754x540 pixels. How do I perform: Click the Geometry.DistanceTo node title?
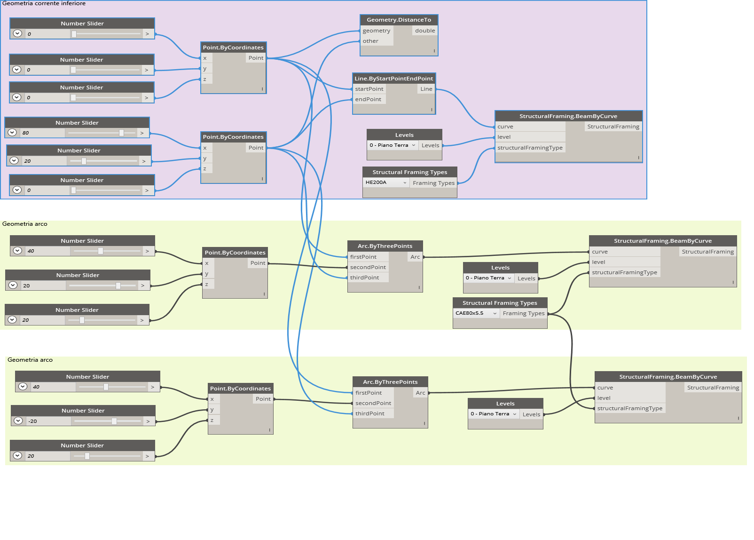pyautogui.click(x=399, y=20)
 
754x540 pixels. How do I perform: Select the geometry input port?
pyautogui.click(x=377, y=31)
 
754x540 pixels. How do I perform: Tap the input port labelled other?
pyautogui.click(x=370, y=41)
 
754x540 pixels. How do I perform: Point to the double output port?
pyautogui.click(x=425, y=31)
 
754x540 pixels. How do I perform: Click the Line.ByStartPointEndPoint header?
pyautogui.click(x=393, y=79)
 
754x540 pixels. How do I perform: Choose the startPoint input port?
pyautogui.click(x=369, y=89)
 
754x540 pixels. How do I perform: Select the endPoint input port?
pyautogui.click(x=368, y=99)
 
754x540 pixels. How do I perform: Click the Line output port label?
pyautogui.click(x=426, y=89)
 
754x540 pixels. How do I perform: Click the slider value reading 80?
pyautogui.click(x=26, y=133)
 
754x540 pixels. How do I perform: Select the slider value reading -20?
pyautogui.click(x=33, y=421)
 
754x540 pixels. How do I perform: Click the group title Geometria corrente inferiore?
pyautogui.click(x=44, y=3)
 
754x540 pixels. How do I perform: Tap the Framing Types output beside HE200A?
pyautogui.click(x=433, y=183)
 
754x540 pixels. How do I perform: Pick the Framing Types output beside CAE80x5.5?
pyautogui.click(x=523, y=313)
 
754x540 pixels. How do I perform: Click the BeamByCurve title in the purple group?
pyautogui.click(x=568, y=116)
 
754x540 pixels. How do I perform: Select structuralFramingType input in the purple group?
pyautogui.click(x=530, y=148)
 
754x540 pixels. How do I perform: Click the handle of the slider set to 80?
pyautogui.click(x=121, y=133)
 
